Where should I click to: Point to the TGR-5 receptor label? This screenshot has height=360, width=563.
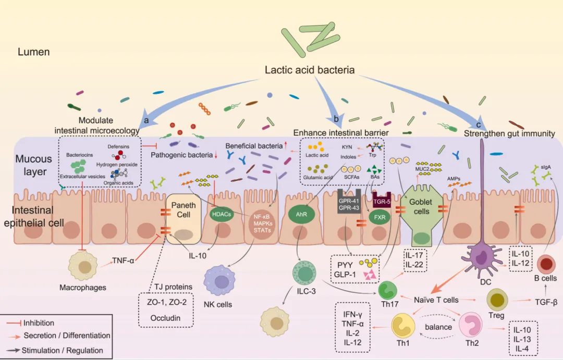tap(382, 198)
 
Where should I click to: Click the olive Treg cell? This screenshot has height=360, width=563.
tap(497, 301)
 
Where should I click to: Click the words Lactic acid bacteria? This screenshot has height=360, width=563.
tap(310, 70)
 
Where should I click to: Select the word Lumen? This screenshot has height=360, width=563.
tap(34, 52)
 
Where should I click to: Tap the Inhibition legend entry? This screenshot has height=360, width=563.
tap(39, 323)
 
